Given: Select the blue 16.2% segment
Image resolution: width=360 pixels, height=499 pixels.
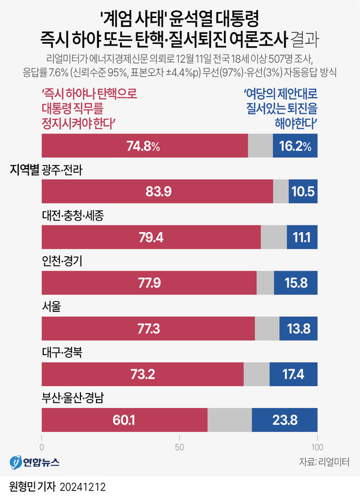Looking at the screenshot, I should (x=295, y=146).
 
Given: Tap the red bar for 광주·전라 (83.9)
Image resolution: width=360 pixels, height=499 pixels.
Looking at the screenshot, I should (x=157, y=191).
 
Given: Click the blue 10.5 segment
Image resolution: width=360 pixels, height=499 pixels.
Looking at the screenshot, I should (x=303, y=191).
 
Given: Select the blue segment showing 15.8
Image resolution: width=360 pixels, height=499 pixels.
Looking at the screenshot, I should (x=296, y=282).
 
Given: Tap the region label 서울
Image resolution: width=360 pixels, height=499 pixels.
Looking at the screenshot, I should (x=52, y=306).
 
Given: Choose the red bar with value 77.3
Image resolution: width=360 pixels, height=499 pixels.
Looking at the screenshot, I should (x=149, y=328).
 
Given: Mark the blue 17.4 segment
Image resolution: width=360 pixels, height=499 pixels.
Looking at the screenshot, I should (x=293, y=374).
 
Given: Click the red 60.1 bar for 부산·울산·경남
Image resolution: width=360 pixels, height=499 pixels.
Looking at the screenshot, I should (x=125, y=419).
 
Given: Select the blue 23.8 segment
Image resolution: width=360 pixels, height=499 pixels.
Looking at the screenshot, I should (x=284, y=419).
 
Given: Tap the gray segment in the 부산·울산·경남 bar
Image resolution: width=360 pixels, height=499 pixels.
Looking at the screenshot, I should (x=230, y=419).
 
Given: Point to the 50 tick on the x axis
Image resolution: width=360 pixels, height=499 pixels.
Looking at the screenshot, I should (x=179, y=447).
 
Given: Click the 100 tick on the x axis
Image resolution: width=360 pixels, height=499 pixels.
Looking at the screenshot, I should (x=317, y=447).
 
